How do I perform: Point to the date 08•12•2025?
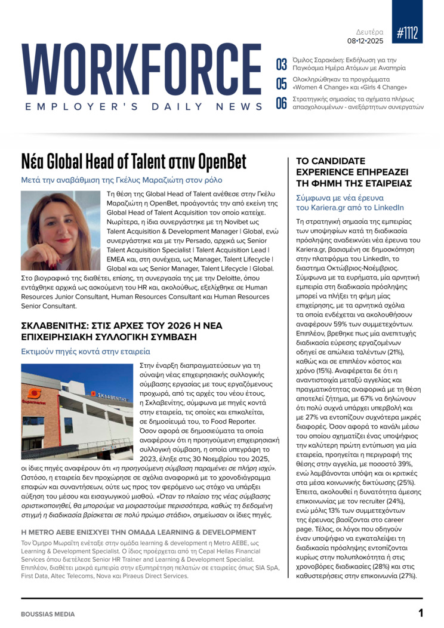tap(365, 41)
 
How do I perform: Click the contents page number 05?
tap(281, 83)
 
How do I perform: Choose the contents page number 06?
tap(281, 103)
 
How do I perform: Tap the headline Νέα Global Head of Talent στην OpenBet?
tap(133, 161)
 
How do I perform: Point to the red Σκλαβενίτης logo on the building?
tap(35, 394)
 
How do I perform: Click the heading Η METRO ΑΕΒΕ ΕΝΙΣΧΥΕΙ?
tap(138, 532)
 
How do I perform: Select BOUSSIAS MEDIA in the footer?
tap(48, 614)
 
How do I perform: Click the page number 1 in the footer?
tap(420, 612)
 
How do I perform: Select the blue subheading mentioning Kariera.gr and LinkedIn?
tap(350, 202)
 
